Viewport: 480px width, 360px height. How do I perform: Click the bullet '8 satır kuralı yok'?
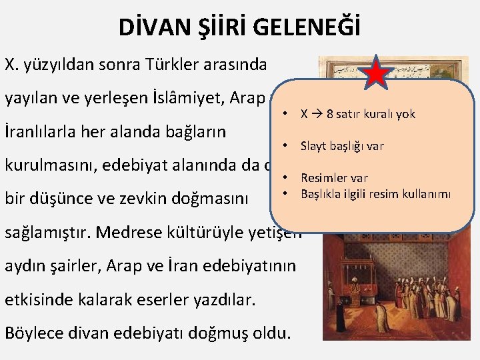358,114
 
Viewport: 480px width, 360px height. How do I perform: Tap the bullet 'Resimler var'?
333,178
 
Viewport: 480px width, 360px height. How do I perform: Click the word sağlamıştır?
51,232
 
